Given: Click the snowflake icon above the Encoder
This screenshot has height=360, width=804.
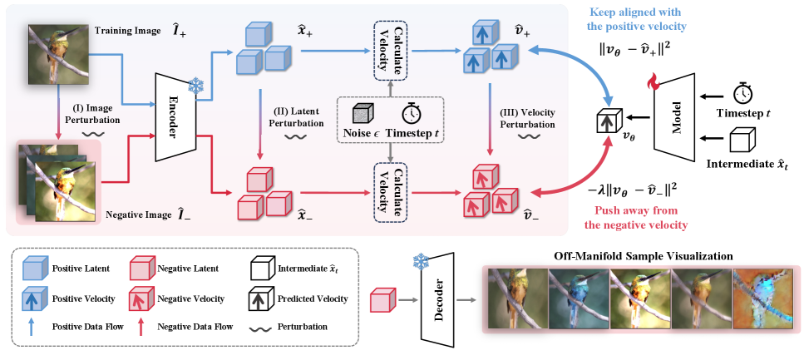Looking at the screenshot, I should [x=195, y=85].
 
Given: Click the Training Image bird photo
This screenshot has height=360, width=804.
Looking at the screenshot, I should [x=57, y=54].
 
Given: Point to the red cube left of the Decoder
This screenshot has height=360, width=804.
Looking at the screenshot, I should [x=381, y=296].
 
